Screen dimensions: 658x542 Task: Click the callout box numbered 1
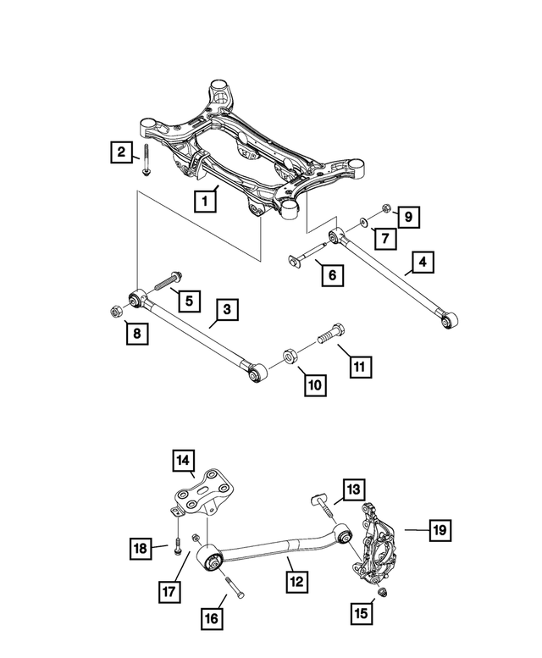(x=204, y=202)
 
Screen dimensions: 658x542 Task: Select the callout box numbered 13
(x=353, y=489)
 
